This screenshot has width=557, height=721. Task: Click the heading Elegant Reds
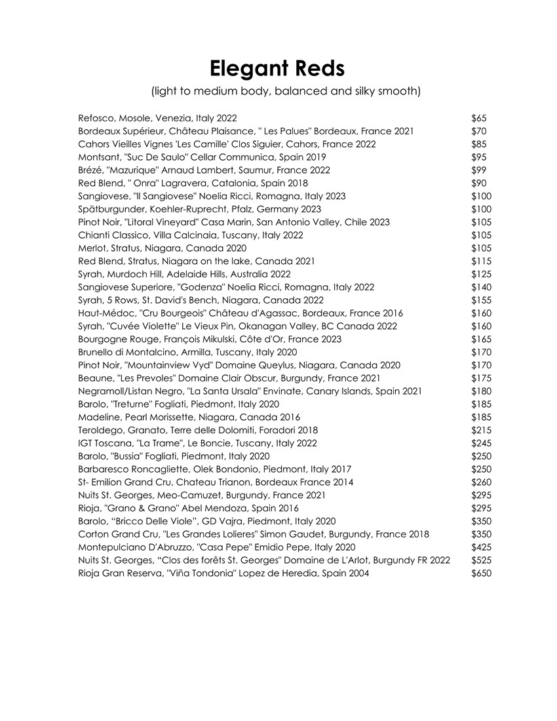click(x=277, y=68)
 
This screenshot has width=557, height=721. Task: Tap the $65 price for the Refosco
click(x=479, y=119)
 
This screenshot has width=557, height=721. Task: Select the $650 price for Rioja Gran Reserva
click(x=482, y=574)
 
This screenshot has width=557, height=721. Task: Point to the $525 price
click(x=482, y=560)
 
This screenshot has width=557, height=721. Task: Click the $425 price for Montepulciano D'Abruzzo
click(x=482, y=547)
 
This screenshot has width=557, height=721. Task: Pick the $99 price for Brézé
click(x=479, y=170)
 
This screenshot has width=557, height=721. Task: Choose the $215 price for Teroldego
click(x=482, y=430)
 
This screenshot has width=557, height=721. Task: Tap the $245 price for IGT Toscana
click(x=482, y=443)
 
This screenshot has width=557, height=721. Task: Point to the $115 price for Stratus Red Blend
click(x=482, y=262)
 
